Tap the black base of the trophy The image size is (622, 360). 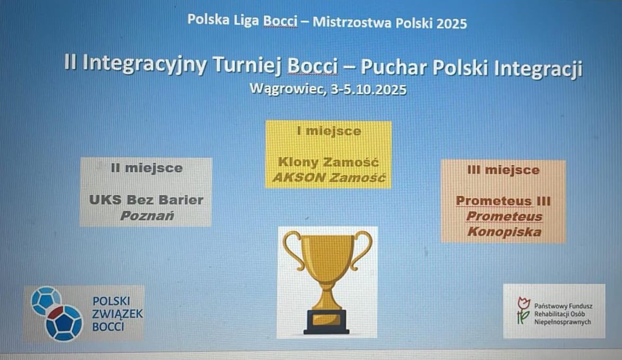click(x=326, y=322)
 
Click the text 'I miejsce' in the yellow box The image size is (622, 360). click(x=329, y=131)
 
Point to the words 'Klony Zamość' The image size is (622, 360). click(x=328, y=162)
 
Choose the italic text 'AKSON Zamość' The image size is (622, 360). click(x=329, y=177)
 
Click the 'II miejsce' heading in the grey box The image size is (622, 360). click(x=147, y=168)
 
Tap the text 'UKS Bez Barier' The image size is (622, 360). click(x=146, y=200)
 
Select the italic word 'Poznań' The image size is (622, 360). click(x=147, y=215)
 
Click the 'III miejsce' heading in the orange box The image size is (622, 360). click(x=503, y=170)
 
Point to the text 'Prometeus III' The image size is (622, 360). click(x=503, y=201)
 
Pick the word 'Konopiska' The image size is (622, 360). click(x=504, y=231)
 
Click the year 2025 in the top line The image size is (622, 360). click(x=451, y=24)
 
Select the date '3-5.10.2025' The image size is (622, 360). click(x=369, y=89)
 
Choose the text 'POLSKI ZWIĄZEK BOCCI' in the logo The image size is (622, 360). click(x=118, y=313)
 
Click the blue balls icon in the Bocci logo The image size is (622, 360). click(x=57, y=313)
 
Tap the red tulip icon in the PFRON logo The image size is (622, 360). click(x=523, y=310)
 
